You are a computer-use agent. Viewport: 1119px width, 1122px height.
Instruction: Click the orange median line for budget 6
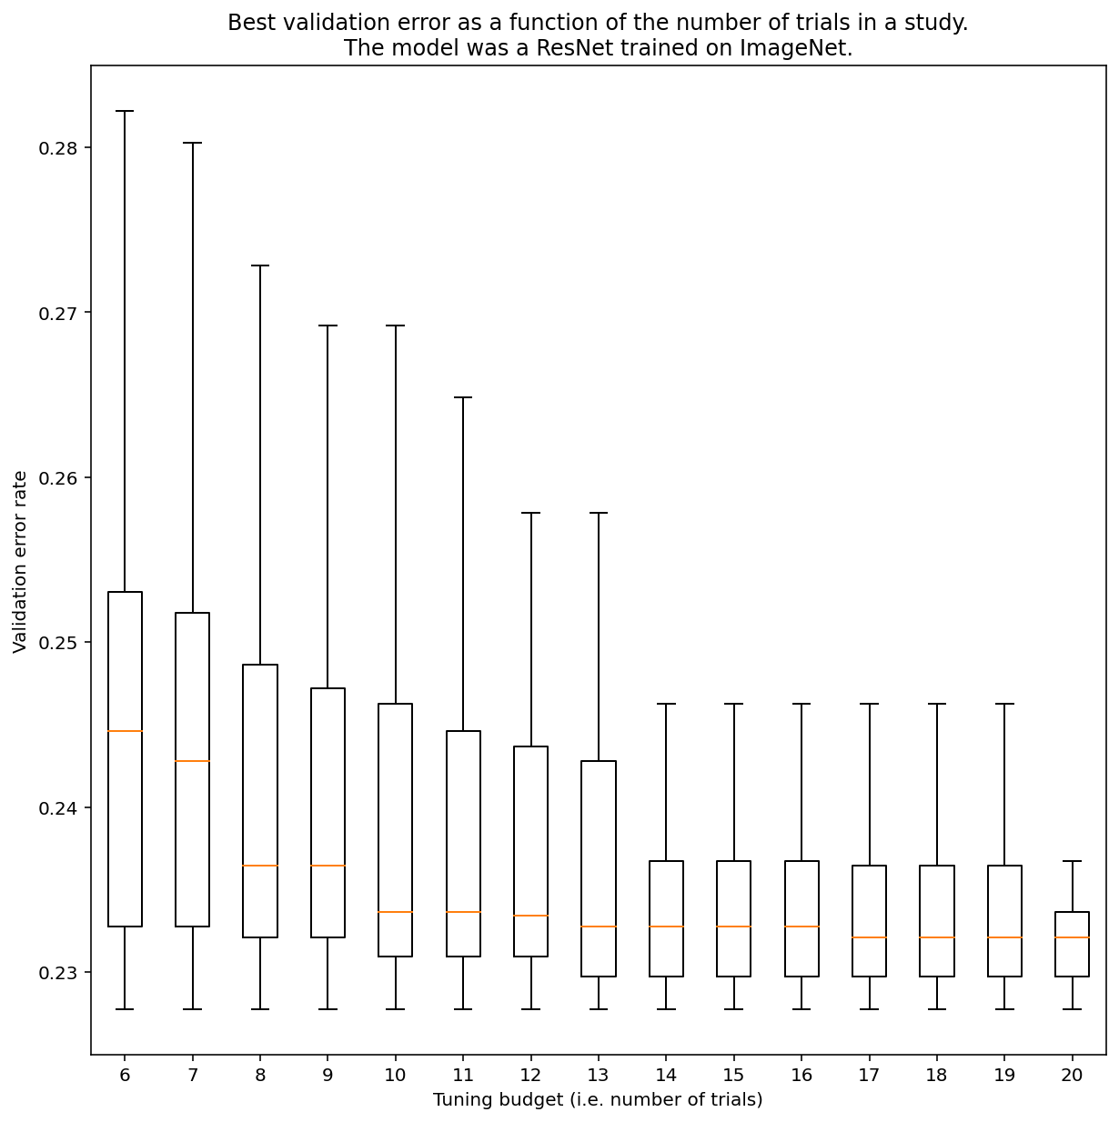[x=125, y=731]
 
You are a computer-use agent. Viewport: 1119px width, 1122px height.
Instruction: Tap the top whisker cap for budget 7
[x=192, y=143]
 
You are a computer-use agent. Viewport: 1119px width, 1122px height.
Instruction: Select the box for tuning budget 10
[x=395, y=829]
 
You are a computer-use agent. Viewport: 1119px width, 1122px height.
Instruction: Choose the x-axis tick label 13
[x=598, y=1075]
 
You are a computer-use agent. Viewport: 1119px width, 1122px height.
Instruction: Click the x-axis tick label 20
[x=1072, y=1075]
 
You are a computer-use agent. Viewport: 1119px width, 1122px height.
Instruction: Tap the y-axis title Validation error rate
[x=20, y=562]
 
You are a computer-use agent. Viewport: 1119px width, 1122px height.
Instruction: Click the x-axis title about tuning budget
[x=598, y=1100]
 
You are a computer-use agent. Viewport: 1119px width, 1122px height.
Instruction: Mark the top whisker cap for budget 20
[x=1072, y=861]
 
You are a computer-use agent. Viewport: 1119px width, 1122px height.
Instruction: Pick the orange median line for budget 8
[x=260, y=866]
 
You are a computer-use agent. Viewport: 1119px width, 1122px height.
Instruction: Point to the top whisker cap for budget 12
[x=530, y=513]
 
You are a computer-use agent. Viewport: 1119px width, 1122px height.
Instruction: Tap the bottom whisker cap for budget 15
[x=733, y=1009]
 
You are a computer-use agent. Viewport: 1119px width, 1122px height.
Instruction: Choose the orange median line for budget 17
[x=869, y=937]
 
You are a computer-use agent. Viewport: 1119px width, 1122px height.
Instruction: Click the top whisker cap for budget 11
[x=463, y=397]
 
